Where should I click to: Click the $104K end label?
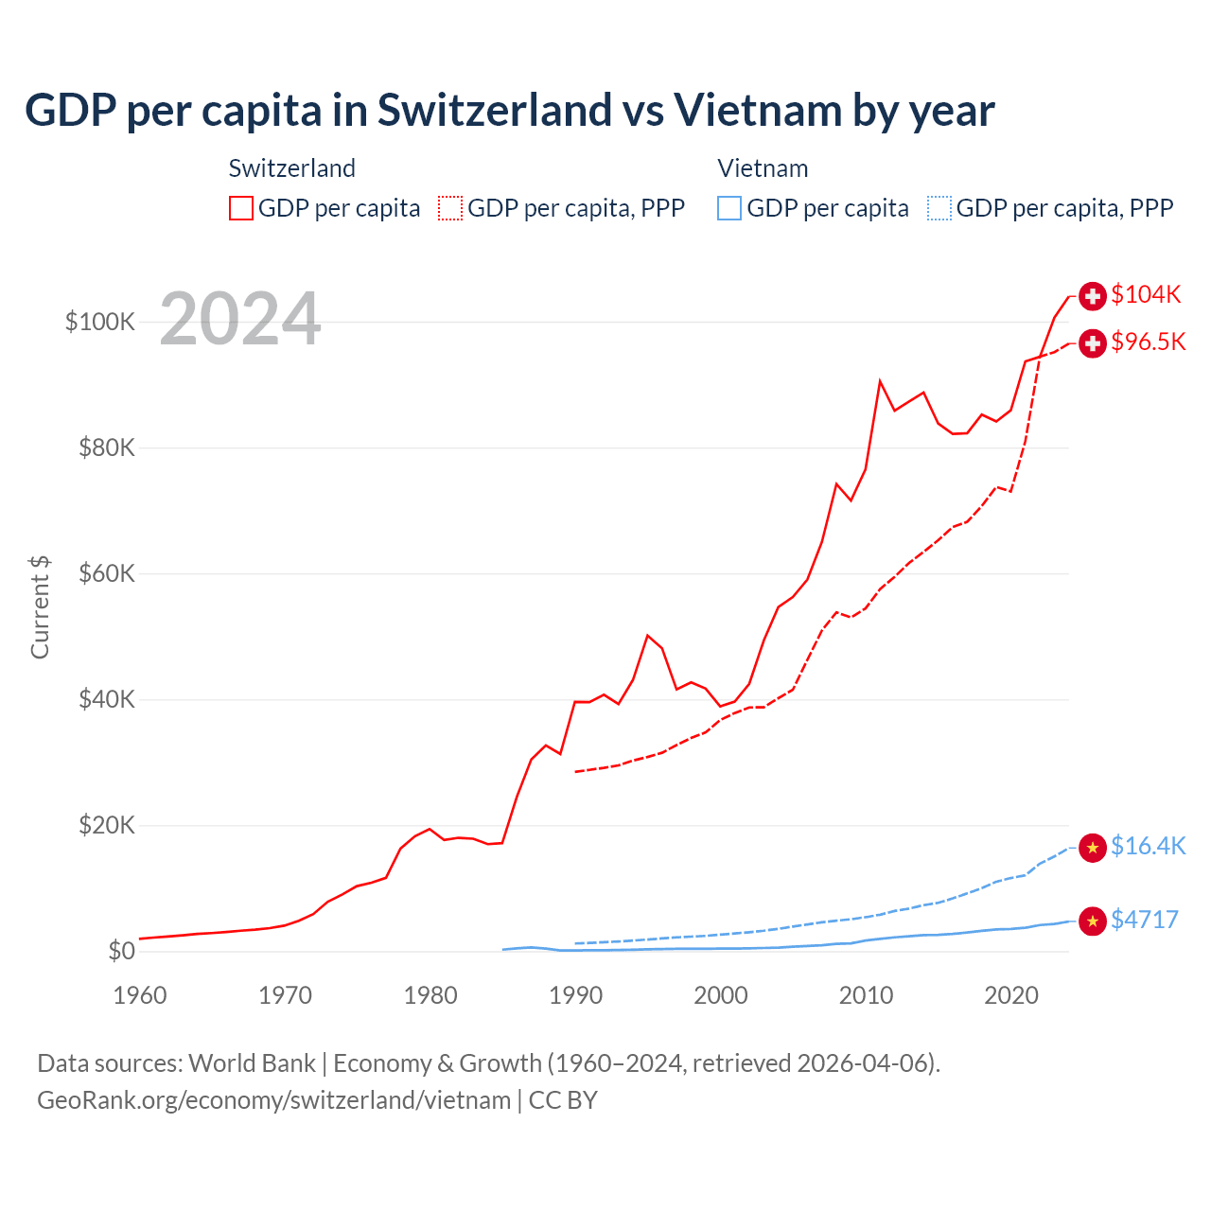pyautogui.click(x=1146, y=294)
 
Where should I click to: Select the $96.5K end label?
pyautogui.click(x=1148, y=342)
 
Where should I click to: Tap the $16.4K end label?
pyautogui.click(x=1148, y=846)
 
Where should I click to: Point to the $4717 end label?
pyautogui.click(x=1145, y=920)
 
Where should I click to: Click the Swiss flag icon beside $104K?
pyautogui.click(x=1093, y=296)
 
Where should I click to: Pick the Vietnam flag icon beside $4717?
pyautogui.click(x=1093, y=921)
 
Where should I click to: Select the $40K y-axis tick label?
pyautogui.click(x=107, y=699)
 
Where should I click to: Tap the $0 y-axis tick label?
pyautogui.click(x=121, y=951)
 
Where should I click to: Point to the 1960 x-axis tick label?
pyautogui.click(x=140, y=995)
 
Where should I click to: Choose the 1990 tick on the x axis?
pyautogui.click(x=575, y=995)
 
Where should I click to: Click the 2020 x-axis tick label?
pyautogui.click(x=1011, y=995)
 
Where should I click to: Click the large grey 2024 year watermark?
pyautogui.click(x=240, y=320)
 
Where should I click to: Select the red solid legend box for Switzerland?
pyautogui.click(x=241, y=208)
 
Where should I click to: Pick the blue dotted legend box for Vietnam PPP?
pyautogui.click(x=939, y=208)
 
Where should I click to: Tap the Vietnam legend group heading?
pyautogui.click(x=763, y=168)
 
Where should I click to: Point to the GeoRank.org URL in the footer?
pyautogui.click(x=273, y=1100)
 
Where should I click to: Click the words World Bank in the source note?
pyautogui.click(x=252, y=1063)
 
